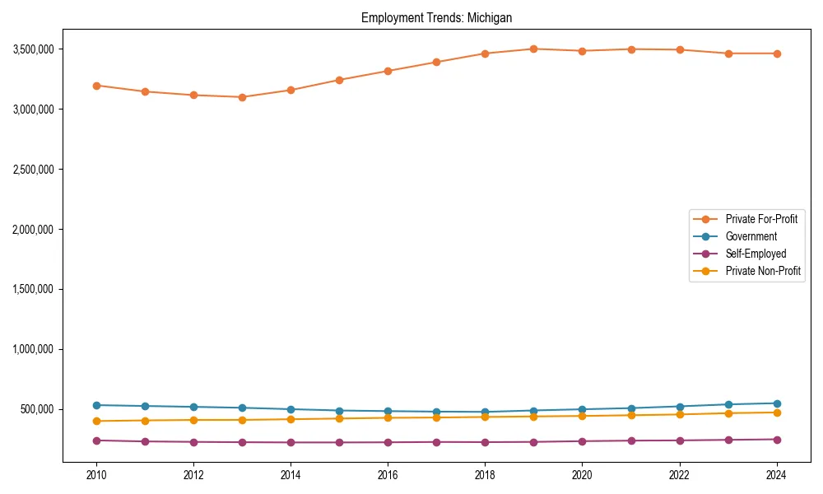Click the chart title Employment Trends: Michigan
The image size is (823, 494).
(436, 17)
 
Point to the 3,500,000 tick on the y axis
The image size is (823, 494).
(34, 49)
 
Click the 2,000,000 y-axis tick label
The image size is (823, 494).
(34, 229)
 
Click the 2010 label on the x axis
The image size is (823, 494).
(96, 475)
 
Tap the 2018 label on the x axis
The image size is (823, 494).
(485, 475)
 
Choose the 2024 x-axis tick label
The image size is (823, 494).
(777, 475)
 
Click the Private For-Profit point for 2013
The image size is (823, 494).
(242, 97)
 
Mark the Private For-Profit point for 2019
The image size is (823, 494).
(533, 49)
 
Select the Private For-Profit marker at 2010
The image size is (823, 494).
(96, 86)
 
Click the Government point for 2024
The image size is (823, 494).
(777, 403)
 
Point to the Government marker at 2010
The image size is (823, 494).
(96, 405)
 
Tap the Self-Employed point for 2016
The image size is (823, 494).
(388, 442)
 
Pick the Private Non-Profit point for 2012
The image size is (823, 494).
(193, 420)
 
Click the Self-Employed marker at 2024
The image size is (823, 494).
(777, 440)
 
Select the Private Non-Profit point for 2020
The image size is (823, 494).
(582, 416)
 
